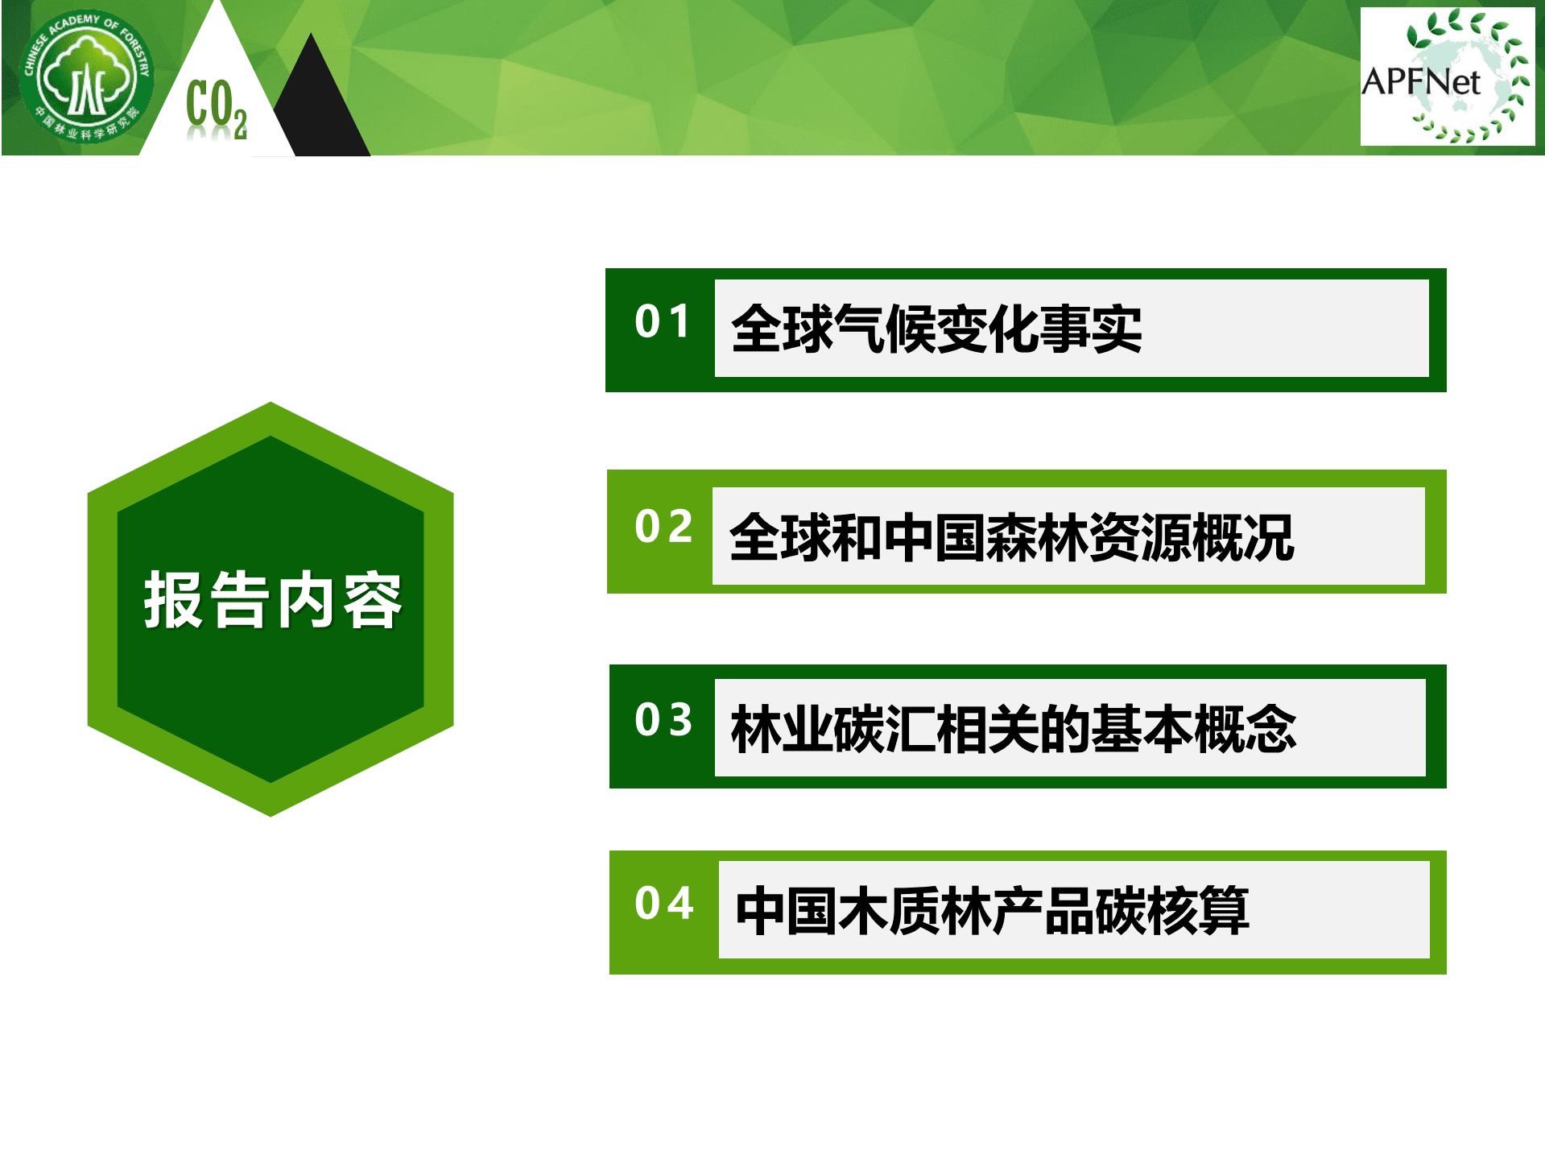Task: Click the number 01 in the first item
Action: pyautogui.click(x=662, y=321)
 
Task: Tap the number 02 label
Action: pyautogui.click(x=663, y=527)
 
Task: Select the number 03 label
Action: pyautogui.click(x=663, y=719)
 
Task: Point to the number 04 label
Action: pyautogui.click(x=664, y=903)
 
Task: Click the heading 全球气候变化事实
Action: pyautogui.click(x=936, y=329)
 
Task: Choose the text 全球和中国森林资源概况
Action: pyautogui.click(x=1011, y=538)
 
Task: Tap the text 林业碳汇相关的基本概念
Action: pyautogui.click(x=1013, y=729)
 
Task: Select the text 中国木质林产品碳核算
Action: pyautogui.click(x=992, y=911)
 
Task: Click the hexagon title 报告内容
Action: pyautogui.click(x=272, y=600)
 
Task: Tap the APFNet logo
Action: pyautogui.click(x=1447, y=77)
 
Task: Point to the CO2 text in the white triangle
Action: pyautogui.click(x=216, y=108)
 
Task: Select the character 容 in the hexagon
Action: pyautogui.click(x=372, y=601)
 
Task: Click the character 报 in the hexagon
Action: pyautogui.click(x=173, y=600)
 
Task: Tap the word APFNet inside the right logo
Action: pyautogui.click(x=1420, y=81)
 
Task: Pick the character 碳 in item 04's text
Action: pyautogui.click(x=1120, y=911)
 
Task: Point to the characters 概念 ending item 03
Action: pyautogui.click(x=1245, y=729)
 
